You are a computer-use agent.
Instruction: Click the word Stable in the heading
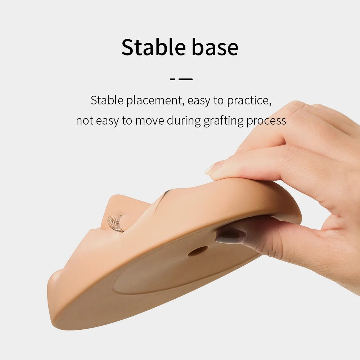pyautogui.click(x=153, y=47)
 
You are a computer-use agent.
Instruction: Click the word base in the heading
pyautogui.click(x=215, y=47)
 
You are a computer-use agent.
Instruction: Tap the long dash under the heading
pyautogui.click(x=185, y=80)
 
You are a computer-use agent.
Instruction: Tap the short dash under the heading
pyautogui.click(x=173, y=80)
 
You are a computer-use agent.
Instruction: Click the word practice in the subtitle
pyautogui.click(x=249, y=100)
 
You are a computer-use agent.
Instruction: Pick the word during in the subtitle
pyautogui.click(x=184, y=121)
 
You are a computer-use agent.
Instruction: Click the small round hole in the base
pyautogui.click(x=198, y=251)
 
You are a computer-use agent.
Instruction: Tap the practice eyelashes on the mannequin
pyautogui.click(x=116, y=221)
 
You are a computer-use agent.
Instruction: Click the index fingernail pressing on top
pyautogui.click(x=213, y=168)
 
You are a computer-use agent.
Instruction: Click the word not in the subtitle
pyautogui.click(x=84, y=121)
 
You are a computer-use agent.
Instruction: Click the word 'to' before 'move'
pyautogui.click(x=127, y=121)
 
